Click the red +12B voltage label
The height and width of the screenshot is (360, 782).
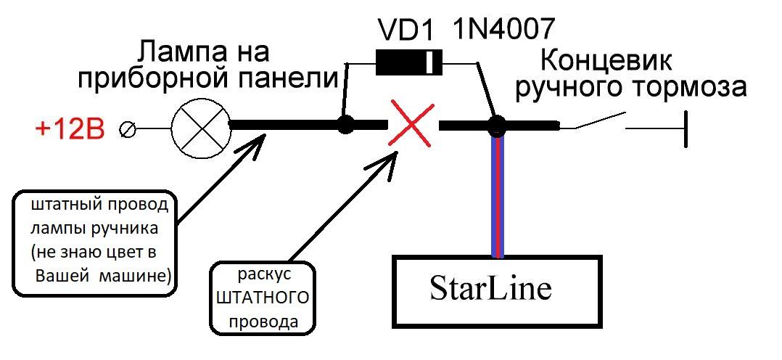pos(70,130)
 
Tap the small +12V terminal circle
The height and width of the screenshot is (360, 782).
pos(127,131)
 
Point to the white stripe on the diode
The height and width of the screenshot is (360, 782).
pos(429,62)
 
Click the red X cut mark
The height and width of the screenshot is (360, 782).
pos(411,124)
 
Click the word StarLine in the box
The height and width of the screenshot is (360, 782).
pos(490,289)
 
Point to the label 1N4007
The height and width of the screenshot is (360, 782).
pos(503,30)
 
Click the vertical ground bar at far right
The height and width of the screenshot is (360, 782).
pos(687,129)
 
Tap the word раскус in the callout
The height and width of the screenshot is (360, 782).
pos(263,275)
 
